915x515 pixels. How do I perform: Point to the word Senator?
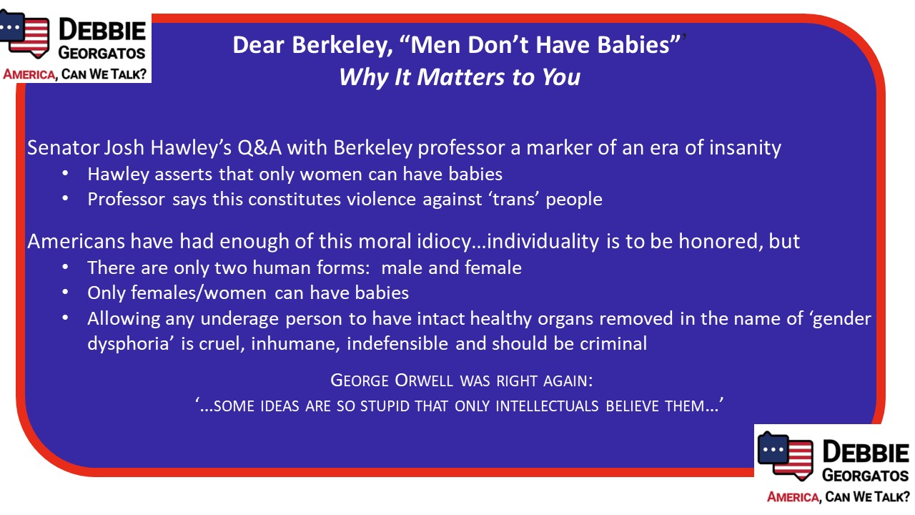64,147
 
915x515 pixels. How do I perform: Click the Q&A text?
259,148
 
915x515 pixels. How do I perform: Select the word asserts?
183,175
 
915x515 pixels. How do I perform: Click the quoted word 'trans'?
515,200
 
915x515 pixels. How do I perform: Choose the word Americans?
76,241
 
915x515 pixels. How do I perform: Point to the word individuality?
543,242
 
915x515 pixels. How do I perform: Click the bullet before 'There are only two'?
65,268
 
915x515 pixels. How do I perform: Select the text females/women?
198,293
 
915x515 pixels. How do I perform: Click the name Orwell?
424,381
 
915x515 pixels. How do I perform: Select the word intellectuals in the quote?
547,406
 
